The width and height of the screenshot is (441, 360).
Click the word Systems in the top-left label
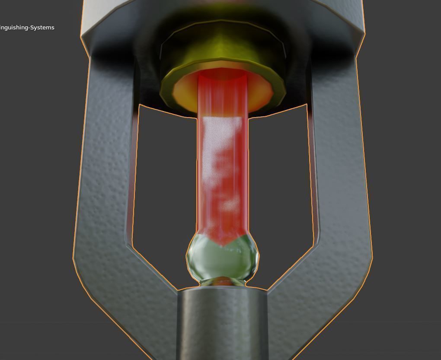coord(42,28)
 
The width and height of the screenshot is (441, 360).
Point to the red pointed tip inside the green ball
coord(222,242)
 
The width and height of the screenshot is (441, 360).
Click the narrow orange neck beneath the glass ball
coord(223,282)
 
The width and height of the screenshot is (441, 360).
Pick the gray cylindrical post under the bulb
coord(222,324)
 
